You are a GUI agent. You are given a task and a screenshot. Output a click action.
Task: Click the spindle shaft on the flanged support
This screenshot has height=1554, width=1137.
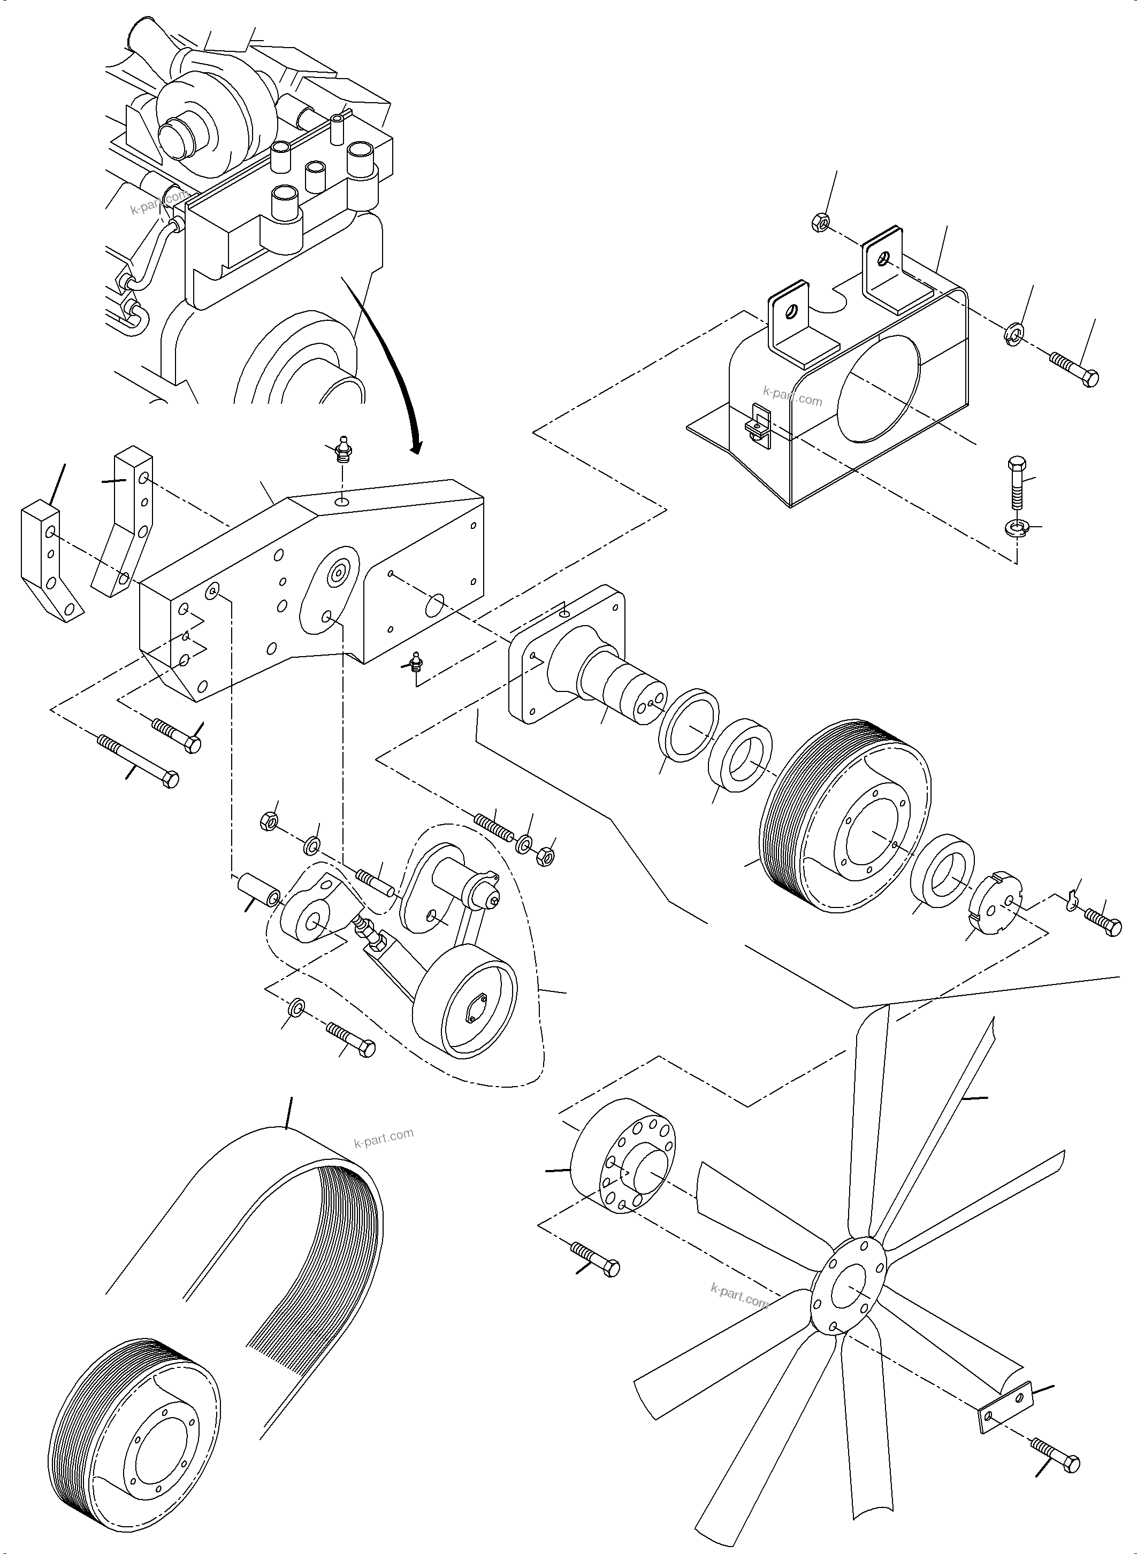623,681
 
